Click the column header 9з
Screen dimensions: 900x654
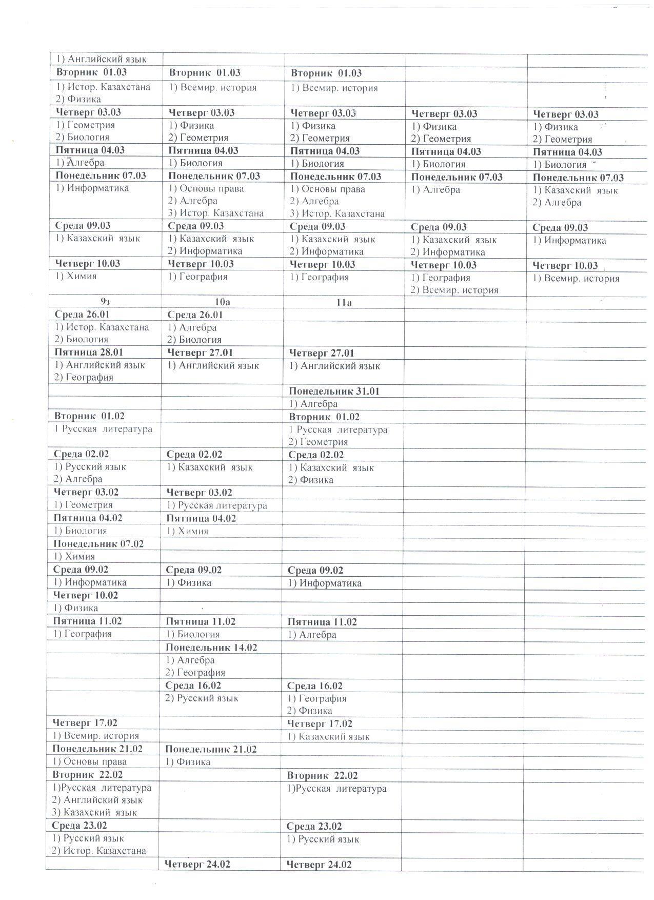105,302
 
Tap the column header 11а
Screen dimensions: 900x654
344,303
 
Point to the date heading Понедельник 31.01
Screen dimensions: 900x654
334,392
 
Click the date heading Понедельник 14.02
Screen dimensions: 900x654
211,648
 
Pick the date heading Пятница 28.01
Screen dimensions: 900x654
89,353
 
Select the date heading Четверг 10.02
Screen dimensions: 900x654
86,595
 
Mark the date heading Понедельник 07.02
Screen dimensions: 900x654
98,544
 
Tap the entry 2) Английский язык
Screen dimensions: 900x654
97,800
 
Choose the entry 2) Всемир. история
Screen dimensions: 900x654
454,290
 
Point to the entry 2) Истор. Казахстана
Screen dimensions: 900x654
99,851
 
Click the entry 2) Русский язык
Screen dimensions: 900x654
202,698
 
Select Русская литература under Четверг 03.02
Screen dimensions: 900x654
217,505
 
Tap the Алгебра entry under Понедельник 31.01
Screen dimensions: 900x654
313,404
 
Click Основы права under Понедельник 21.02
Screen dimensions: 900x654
90,762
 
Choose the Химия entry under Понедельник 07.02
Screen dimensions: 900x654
74,556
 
